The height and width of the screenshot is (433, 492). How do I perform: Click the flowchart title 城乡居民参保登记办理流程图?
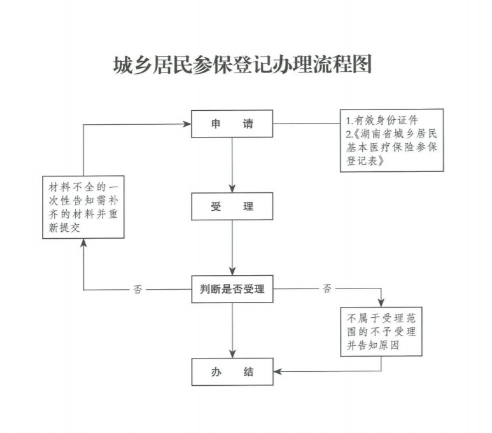pyautogui.click(x=241, y=65)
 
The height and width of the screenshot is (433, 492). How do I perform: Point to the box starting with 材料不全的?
pyautogui.click(x=83, y=208)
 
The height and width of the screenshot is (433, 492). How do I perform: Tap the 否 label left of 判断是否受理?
pyautogui.click(x=138, y=290)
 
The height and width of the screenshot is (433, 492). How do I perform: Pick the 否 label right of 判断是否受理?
pyautogui.click(x=327, y=290)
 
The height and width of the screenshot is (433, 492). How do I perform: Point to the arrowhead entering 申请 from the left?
pyautogui.click(x=188, y=124)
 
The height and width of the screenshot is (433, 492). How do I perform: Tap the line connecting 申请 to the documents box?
pyautogui.click(x=306, y=124)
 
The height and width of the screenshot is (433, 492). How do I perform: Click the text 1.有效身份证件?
pyautogui.click(x=382, y=120)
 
